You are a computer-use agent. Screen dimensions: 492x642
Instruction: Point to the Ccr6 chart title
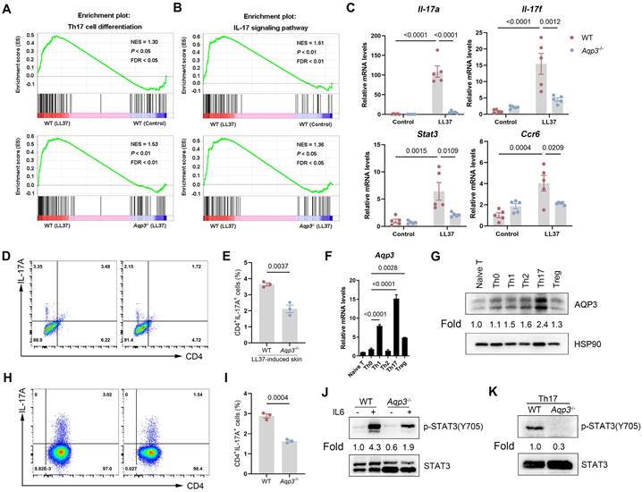(534, 130)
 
